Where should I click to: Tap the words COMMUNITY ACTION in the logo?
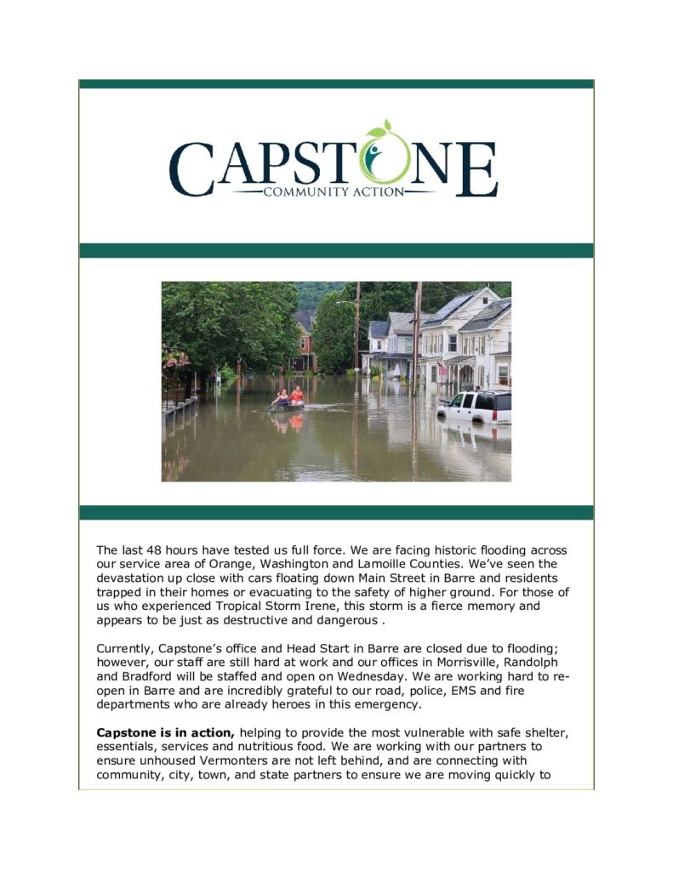(x=334, y=192)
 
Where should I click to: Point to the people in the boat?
(x=288, y=396)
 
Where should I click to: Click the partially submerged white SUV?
(x=476, y=407)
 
